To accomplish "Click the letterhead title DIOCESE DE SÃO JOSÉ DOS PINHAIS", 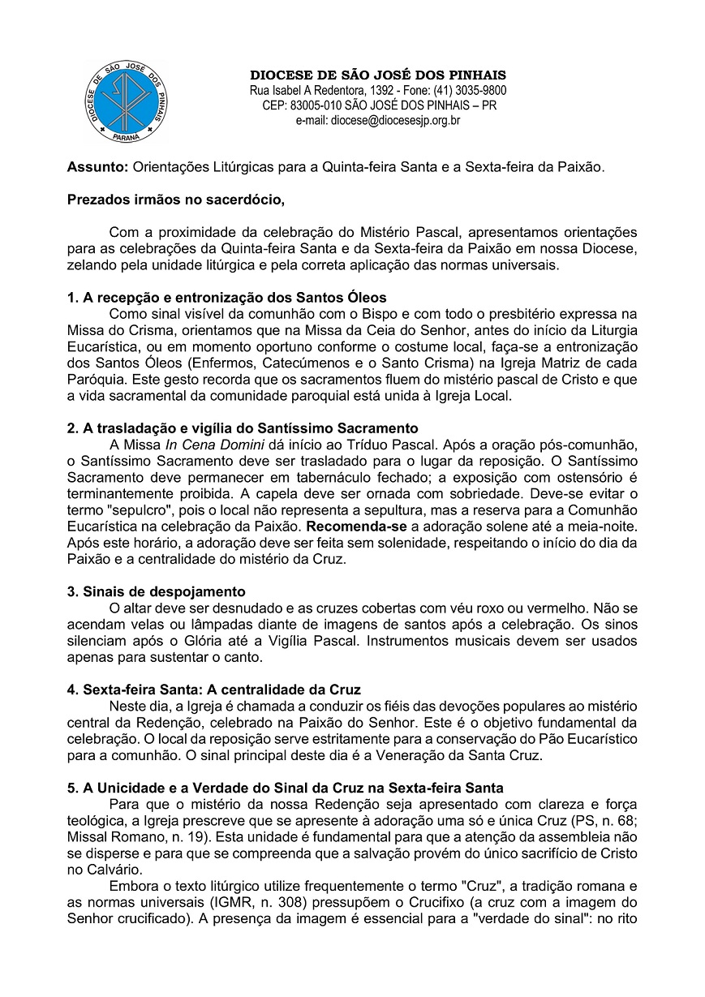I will point(377,75).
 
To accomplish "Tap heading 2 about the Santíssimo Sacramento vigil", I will point(243,428).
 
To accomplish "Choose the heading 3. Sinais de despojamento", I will point(156,591).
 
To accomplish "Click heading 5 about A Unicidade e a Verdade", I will point(285,787).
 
